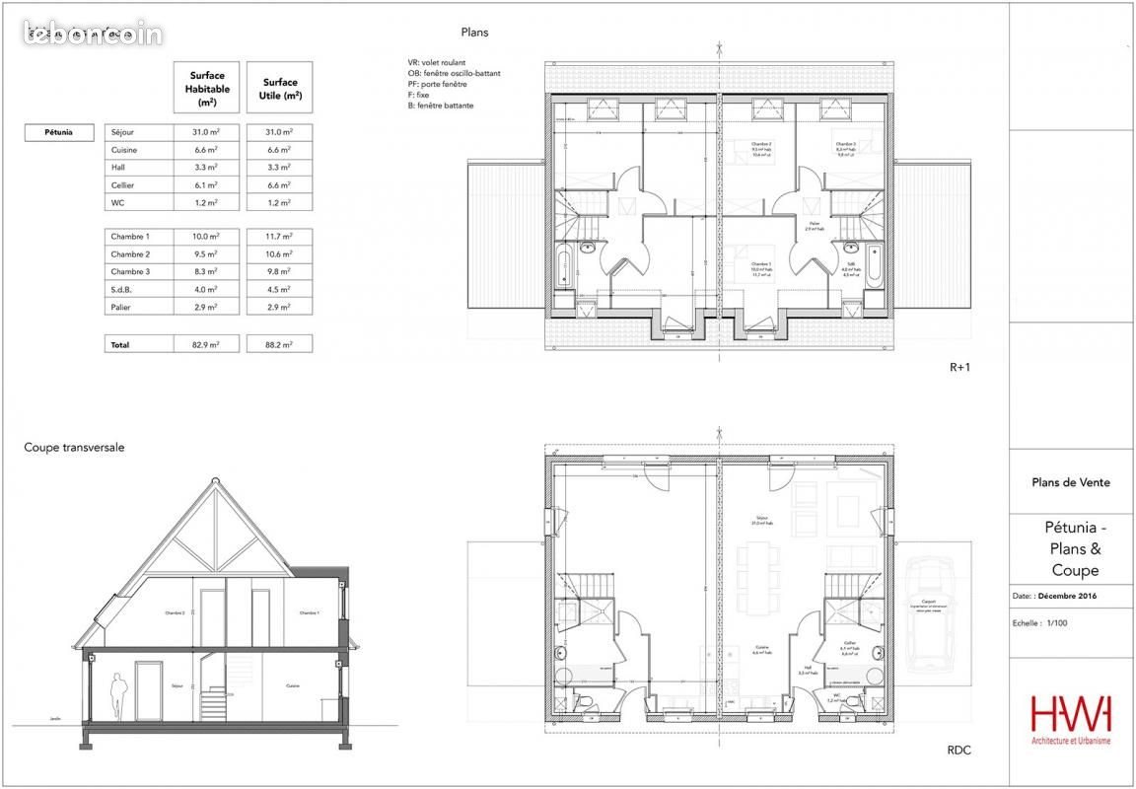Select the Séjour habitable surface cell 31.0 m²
tap(206, 132)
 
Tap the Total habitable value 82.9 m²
tap(206, 345)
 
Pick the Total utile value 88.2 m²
tap(279, 345)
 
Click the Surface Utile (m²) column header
tap(279, 89)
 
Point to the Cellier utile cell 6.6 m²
tap(279, 185)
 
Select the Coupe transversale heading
tap(74, 448)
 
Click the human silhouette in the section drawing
tap(117, 696)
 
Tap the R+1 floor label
tap(960, 367)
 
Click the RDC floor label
tap(958, 751)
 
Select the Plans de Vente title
tap(1070, 482)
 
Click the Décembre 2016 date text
tap(1069, 597)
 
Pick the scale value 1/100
tap(1056, 623)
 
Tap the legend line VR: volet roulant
tap(449, 62)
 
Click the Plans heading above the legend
tap(474, 33)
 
